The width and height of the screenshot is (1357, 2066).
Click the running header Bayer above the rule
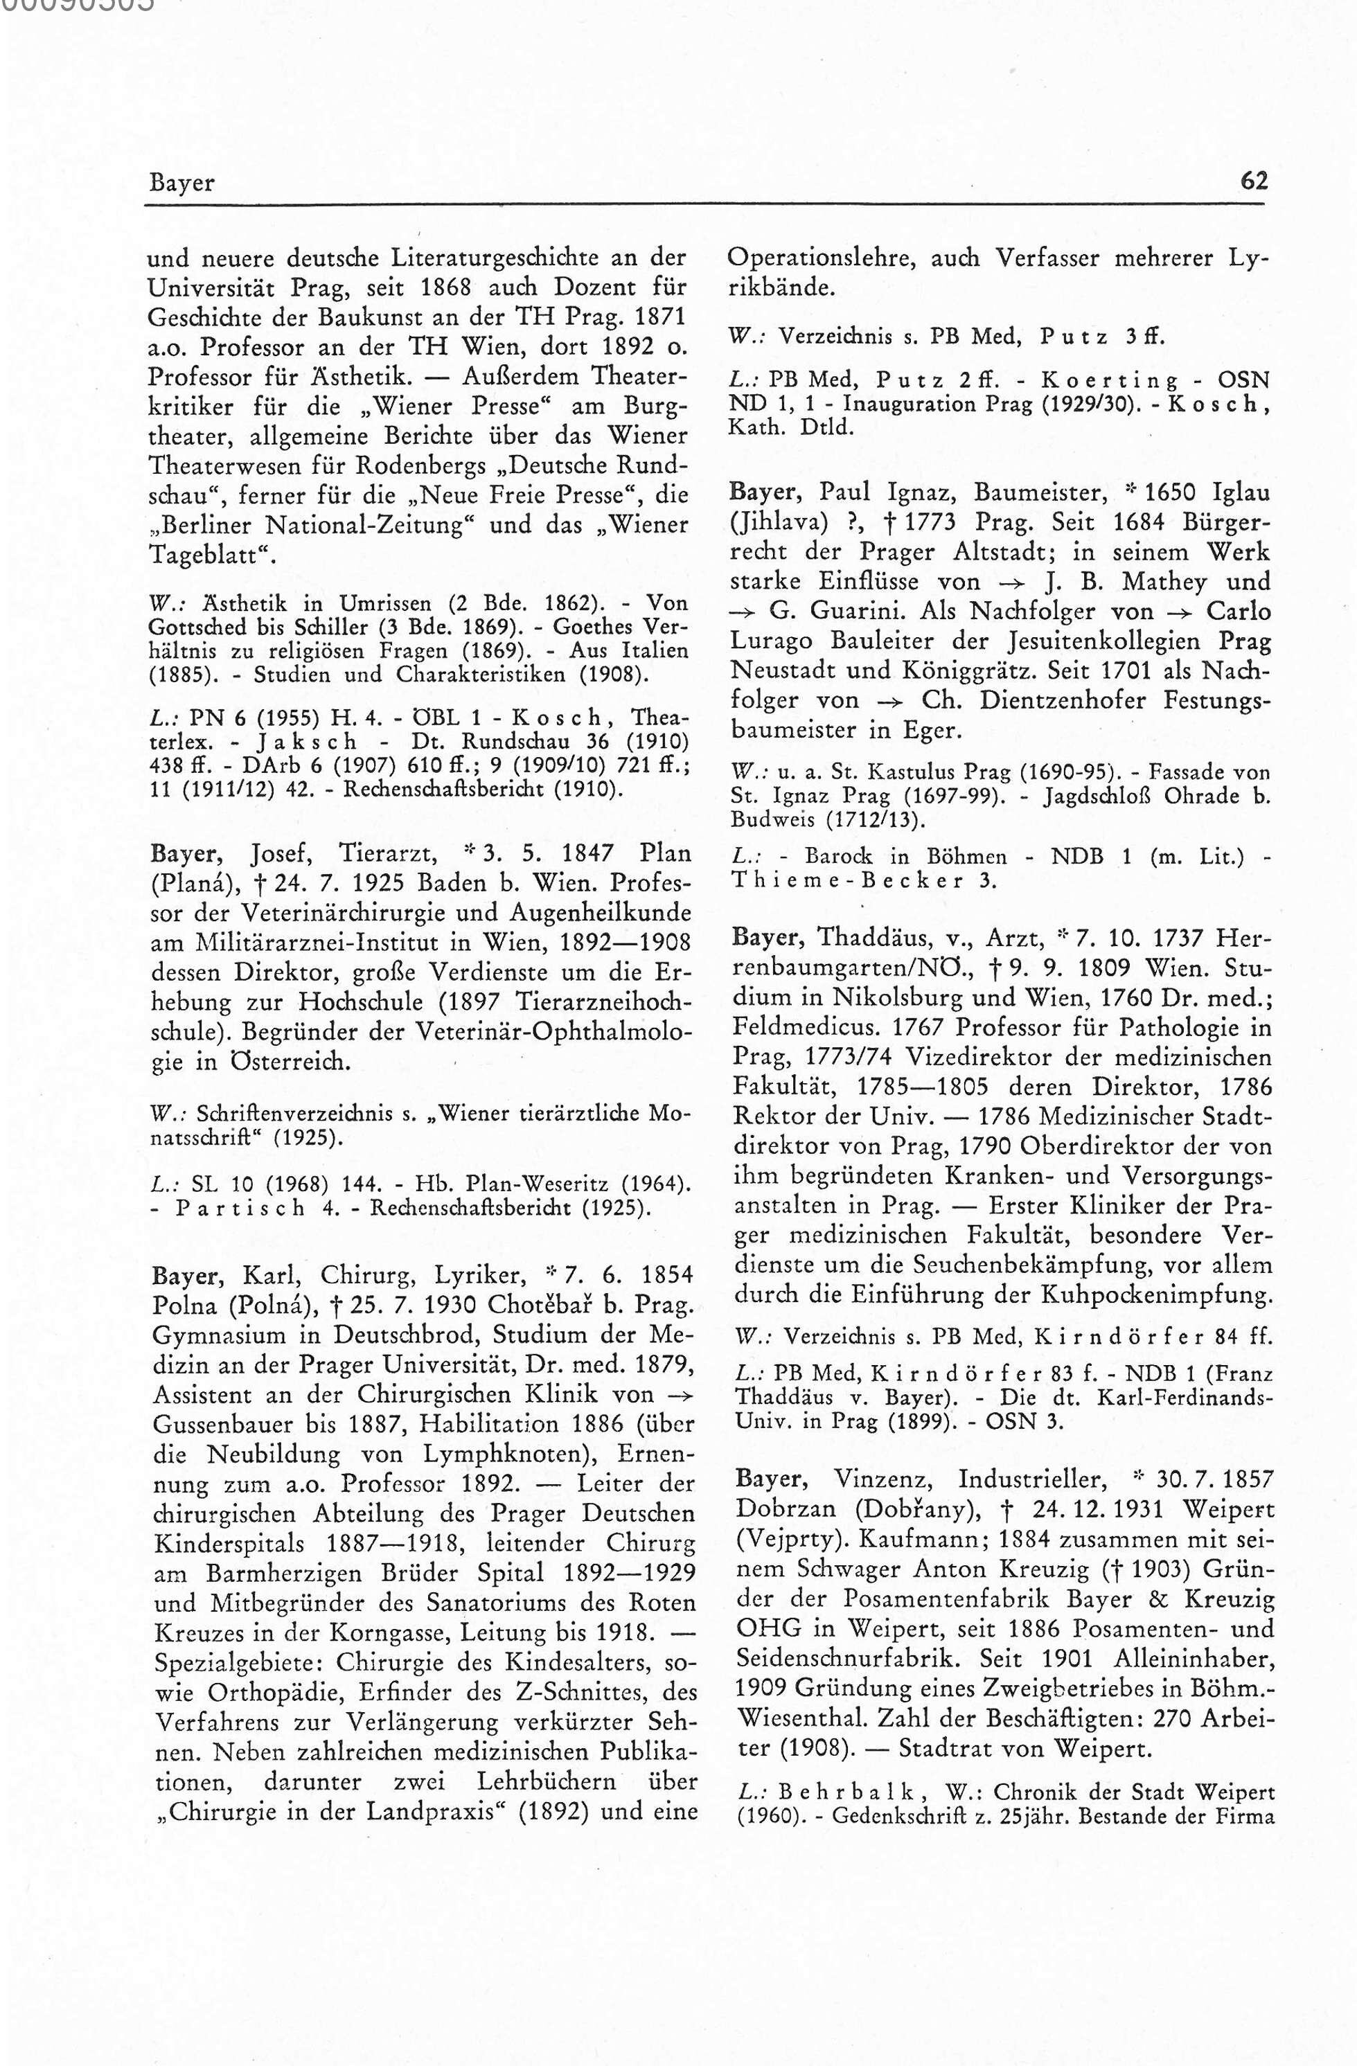(x=181, y=183)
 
